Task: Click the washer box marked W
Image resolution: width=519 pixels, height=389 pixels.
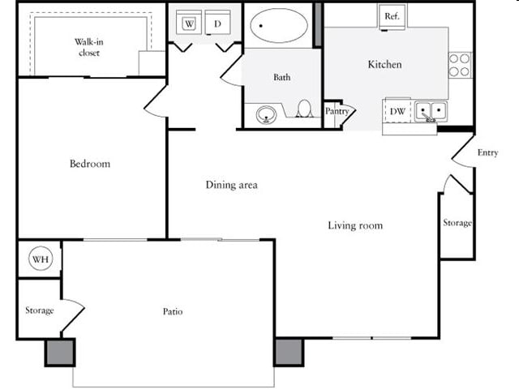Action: coord(190,24)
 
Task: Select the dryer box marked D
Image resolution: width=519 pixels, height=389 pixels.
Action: coord(217,24)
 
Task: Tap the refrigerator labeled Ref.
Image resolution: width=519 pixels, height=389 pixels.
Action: coord(391,16)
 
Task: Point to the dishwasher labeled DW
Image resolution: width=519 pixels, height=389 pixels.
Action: coord(397,111)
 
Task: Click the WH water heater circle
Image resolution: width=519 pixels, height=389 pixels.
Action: coord(40,259)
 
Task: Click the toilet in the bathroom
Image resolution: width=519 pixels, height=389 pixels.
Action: coord(305,109)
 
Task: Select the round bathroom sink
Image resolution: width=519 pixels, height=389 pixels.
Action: coord(267,114)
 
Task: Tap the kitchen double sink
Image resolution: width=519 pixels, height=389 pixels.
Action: coord(431,111)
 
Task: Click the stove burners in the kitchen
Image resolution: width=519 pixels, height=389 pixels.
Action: coord(460,65)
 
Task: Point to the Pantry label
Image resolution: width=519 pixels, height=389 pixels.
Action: coord(337,111)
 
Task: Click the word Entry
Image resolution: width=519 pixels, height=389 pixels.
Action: coord(487,152)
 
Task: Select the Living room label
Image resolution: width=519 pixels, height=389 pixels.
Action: coord(355,225)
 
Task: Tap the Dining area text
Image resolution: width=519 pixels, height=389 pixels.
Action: coord(231,185)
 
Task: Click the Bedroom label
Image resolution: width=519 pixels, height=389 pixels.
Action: coord(89,164)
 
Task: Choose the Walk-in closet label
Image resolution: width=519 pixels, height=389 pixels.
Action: coord(89,47)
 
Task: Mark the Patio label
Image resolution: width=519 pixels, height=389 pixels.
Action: coord(172,311)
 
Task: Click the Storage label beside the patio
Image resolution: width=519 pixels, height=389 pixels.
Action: coord(39,310)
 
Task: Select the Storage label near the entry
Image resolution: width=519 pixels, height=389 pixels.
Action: coord(457,223)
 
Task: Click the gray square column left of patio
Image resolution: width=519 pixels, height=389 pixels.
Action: coord(58,353)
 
